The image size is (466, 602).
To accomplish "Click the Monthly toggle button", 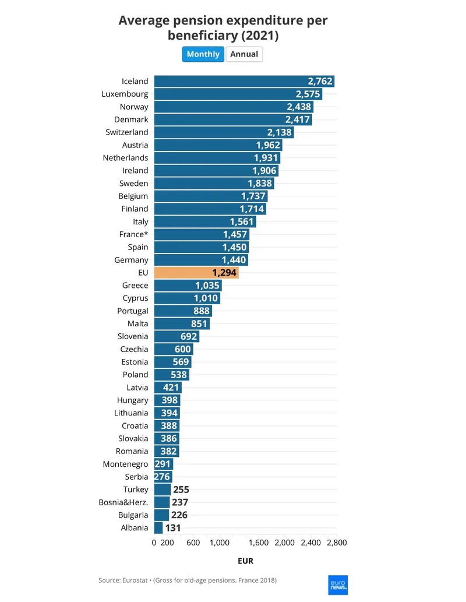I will point(203,54).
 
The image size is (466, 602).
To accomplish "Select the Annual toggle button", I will point(244,54).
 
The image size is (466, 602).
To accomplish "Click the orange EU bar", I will point(196,272).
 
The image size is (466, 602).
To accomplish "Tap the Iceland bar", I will point(244,82).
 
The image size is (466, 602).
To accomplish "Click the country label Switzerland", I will point(127,132).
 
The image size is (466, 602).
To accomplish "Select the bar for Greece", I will point(188,286).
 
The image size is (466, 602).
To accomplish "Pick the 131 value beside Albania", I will point(172,528).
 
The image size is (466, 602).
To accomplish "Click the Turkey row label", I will point(136,490).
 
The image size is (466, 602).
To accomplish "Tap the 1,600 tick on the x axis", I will point(258,543).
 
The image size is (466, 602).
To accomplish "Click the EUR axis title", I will point(245,561).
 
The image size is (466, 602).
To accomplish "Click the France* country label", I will point(133,234).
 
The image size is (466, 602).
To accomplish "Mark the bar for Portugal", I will point(182,311).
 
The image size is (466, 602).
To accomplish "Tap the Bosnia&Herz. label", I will point(123,502).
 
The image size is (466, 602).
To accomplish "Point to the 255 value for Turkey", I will point(181,490).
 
